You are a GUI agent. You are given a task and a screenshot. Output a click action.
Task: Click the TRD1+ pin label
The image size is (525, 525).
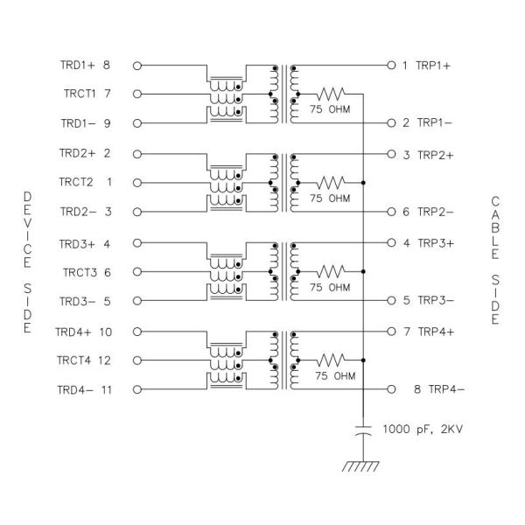[77, 65]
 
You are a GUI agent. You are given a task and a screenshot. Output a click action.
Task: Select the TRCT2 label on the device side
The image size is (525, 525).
[75, 182]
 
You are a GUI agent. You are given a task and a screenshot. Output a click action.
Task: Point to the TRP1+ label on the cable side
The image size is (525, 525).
[434, 65]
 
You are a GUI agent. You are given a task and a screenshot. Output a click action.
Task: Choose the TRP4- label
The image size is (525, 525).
[437, 389]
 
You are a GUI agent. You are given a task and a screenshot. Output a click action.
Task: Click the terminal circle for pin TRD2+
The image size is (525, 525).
[136, 153]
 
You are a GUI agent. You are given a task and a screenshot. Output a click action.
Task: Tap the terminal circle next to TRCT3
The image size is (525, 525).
[136, 272]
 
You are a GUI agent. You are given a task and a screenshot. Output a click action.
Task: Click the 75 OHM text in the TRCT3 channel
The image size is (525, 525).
[330, 287]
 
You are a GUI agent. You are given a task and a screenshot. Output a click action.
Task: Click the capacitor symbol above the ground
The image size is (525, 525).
[362, 430]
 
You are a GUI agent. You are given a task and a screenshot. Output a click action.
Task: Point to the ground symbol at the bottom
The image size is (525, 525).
[361, 467]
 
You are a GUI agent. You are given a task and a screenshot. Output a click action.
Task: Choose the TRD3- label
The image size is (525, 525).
[75, 301]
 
